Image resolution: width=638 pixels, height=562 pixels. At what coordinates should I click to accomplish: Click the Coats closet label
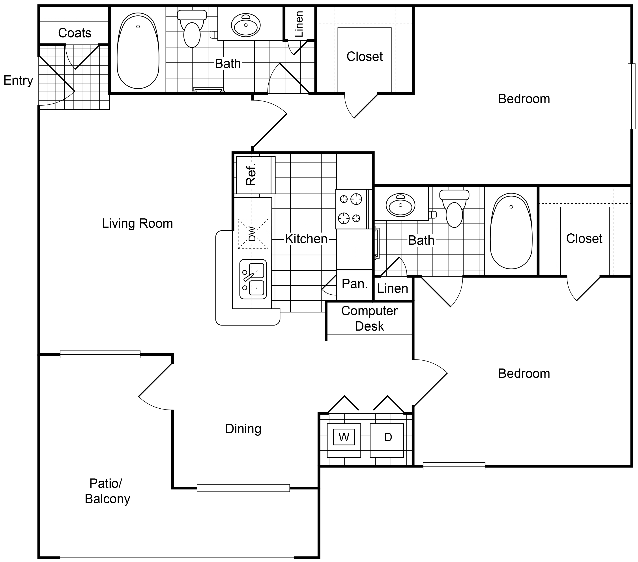(x=75, y=33)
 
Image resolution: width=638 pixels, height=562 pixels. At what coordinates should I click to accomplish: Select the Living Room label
(x=137, y=223)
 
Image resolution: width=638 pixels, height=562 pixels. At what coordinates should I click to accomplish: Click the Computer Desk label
(x=369, y=318)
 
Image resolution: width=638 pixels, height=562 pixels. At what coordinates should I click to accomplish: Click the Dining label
(x=243, y=429)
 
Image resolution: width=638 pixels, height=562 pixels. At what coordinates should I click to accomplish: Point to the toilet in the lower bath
(x=454, y=208)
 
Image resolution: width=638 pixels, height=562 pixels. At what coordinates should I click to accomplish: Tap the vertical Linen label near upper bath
(x=299, y=24)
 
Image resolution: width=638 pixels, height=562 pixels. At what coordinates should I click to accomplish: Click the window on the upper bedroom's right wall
(x=631, y=96)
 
